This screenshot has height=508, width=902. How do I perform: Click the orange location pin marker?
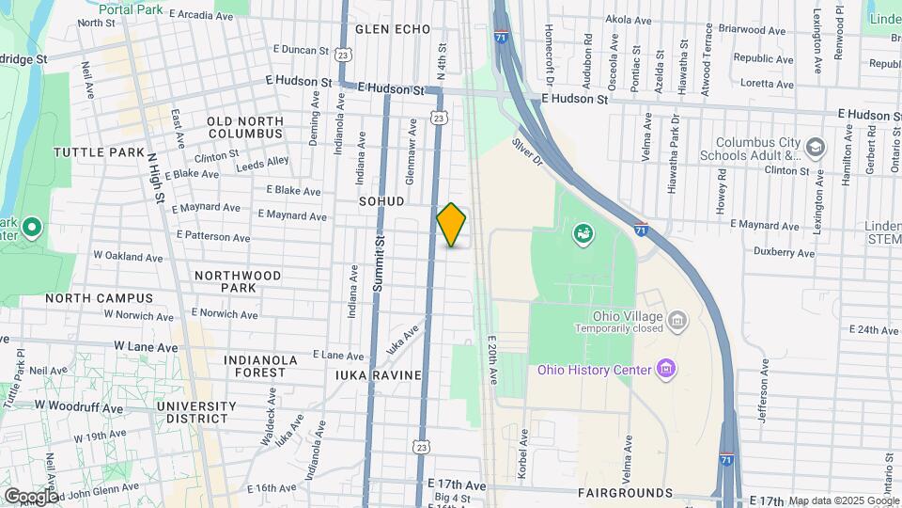point(452,224)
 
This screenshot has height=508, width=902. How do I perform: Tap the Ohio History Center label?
point(594,370)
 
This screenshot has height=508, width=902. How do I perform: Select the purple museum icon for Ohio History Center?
point(666,366)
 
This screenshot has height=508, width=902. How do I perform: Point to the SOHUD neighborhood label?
point(381,201)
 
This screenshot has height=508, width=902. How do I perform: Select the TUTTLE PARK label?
point(99,152)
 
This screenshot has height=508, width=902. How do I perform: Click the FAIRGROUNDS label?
point(625,493)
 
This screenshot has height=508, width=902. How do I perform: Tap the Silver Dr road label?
point(528,153)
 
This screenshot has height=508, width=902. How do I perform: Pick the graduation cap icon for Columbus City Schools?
point(815,148)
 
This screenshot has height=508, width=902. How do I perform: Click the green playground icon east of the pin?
point(583,232)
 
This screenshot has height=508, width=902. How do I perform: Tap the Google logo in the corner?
point(31,496)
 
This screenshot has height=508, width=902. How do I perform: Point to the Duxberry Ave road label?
point(786,252)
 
